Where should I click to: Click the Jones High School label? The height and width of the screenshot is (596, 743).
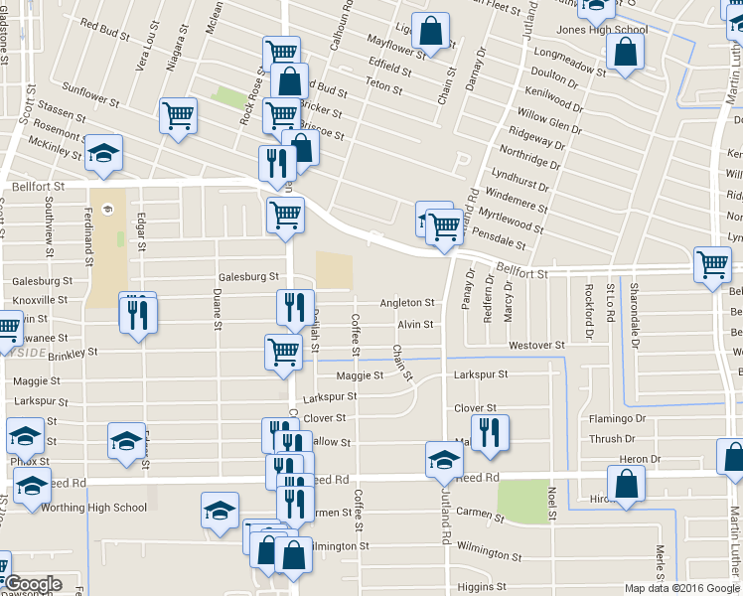[601, 29]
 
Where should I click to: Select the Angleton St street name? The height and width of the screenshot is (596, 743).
[407, 303]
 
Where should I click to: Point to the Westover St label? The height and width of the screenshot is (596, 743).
[536, 346]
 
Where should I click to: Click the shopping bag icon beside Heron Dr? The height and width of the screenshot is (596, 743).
[626, 484]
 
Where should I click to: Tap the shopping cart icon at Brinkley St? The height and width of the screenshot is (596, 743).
[283, 352]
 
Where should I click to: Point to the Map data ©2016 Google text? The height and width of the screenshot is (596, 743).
[681, 587]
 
